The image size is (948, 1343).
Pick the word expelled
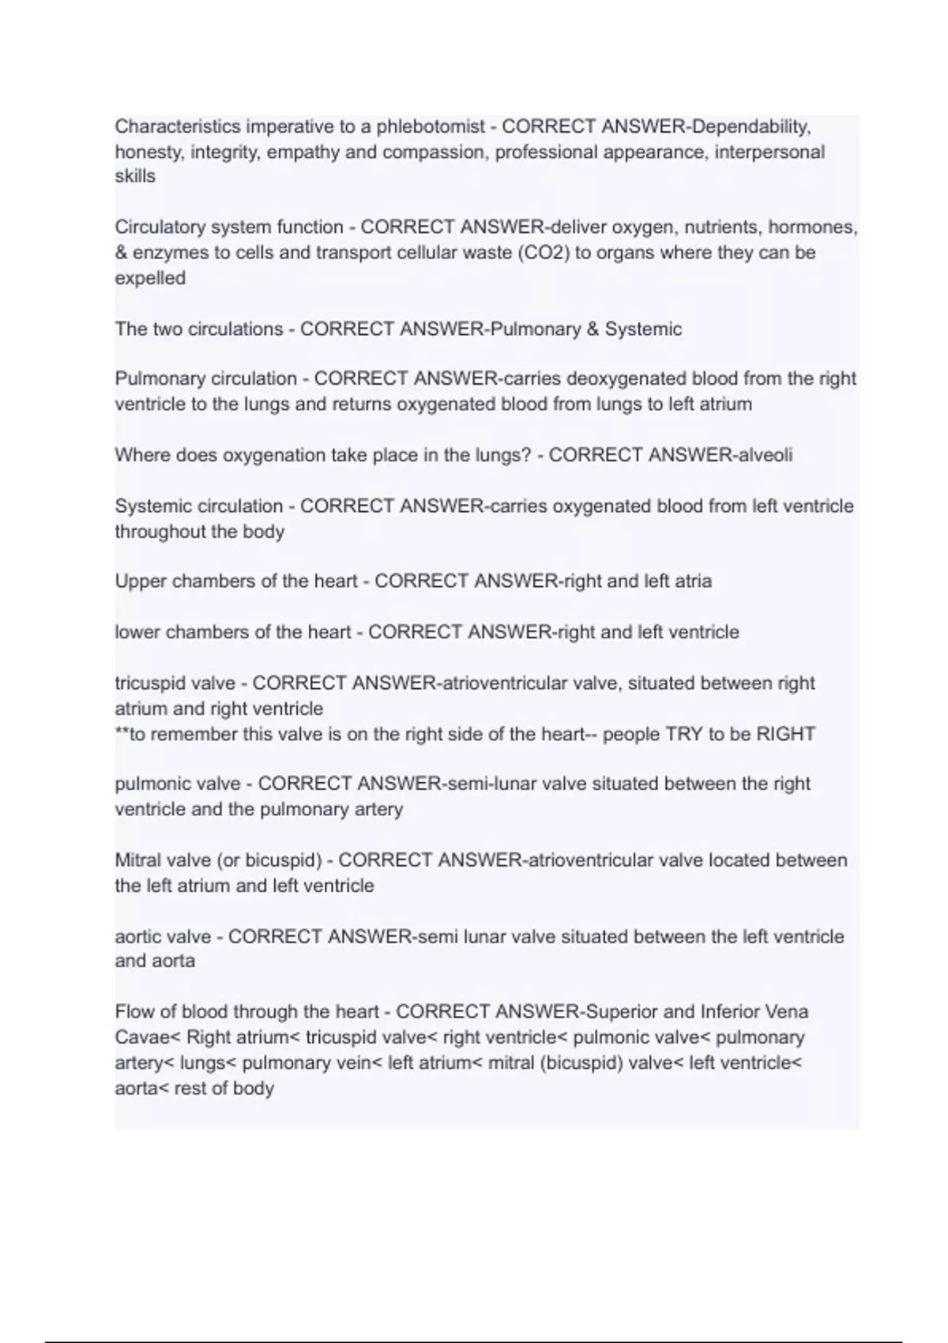pos(150,278)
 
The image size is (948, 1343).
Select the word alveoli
pos(765,455)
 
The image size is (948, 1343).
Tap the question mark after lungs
pos(527,455)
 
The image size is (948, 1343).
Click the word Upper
pos(141,581)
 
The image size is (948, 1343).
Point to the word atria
pos(693,581)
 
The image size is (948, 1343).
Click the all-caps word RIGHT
pos(785,734)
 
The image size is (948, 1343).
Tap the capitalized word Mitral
pos(138,860)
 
